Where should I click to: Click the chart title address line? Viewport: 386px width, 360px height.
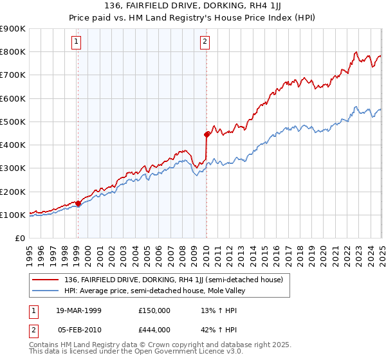tap(192, 7)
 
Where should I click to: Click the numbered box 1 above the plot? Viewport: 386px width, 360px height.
tap(77, 42)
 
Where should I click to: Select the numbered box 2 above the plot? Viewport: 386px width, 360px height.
tap(205, 42)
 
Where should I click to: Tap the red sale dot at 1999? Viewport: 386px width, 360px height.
tap(78, 204)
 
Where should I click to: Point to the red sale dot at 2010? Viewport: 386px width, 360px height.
tap(207, 135)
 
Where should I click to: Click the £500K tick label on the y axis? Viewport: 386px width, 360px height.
tap(13, 122)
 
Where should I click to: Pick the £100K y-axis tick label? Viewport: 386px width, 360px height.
tap(13, 215)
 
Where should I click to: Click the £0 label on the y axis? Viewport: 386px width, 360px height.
tap(20, 238)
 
